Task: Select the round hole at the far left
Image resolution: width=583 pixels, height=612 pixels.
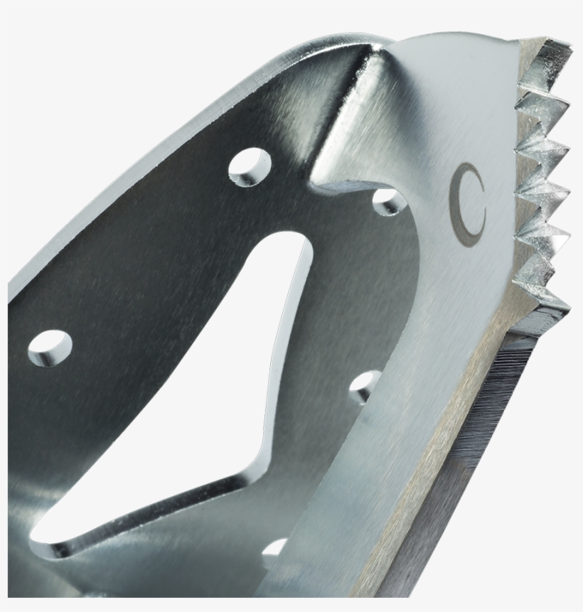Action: click(x=50, y=346)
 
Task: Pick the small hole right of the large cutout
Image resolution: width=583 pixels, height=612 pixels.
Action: click(x=365, y=385)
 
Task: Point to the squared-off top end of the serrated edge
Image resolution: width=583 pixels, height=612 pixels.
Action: click(x=547, y=50)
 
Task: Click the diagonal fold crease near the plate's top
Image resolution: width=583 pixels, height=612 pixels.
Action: click(x=348, y=107)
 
